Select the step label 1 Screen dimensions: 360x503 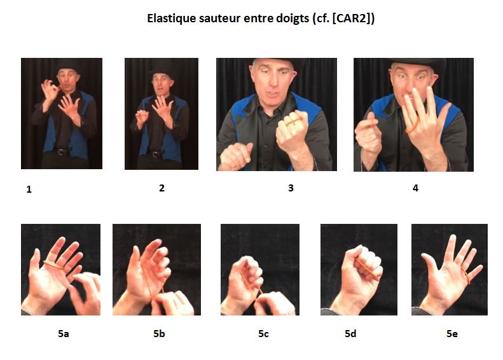pyautogui.click(x=29, y=190)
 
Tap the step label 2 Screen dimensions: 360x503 pyautogui.click(x=162, y=188)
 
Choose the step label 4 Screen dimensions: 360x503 pyautogui.click(x=415, y=188)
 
